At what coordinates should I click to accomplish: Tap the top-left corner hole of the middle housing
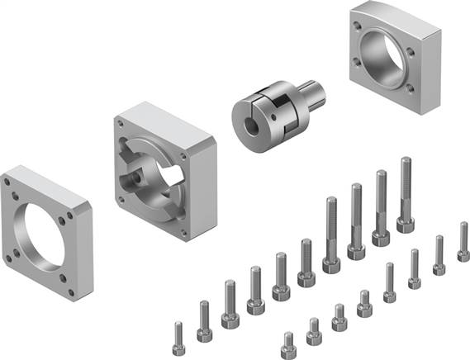pos(122,121)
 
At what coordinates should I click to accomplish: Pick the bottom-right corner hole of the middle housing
pos(188,223)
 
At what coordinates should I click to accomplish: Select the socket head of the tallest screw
pos(405,223)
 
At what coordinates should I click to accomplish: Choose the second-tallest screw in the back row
pos(381,206)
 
